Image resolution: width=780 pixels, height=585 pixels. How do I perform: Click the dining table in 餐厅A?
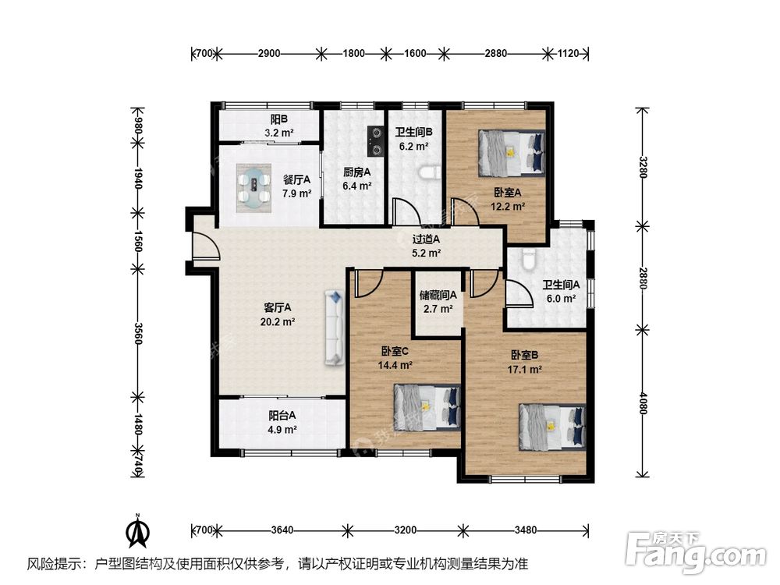253,189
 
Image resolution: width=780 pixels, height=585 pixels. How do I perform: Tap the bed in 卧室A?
512,153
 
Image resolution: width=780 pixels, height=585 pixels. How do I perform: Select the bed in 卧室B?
552,427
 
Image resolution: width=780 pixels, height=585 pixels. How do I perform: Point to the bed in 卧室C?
427,407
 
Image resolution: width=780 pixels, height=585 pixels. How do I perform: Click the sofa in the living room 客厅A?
335,328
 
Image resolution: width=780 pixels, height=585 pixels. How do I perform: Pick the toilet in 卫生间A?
529,260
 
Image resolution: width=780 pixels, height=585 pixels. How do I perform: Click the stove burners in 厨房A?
376,140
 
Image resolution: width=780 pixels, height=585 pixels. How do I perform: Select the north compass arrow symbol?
138,532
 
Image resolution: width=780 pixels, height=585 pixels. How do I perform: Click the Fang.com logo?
697,551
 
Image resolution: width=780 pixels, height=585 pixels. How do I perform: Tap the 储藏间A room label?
438,295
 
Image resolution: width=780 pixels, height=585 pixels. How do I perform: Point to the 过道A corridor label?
426,239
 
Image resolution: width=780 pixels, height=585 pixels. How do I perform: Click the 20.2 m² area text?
278,322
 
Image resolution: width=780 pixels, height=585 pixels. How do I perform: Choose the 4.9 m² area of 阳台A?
282,429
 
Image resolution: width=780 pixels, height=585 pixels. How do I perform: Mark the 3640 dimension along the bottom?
282,530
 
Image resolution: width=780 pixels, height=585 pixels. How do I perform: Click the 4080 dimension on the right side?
643,402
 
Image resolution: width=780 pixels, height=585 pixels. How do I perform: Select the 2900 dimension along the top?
269,53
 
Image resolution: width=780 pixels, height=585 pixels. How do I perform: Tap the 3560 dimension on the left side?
138,334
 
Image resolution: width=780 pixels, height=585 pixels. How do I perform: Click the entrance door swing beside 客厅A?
205,243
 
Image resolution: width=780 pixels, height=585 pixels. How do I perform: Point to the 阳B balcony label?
278,119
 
